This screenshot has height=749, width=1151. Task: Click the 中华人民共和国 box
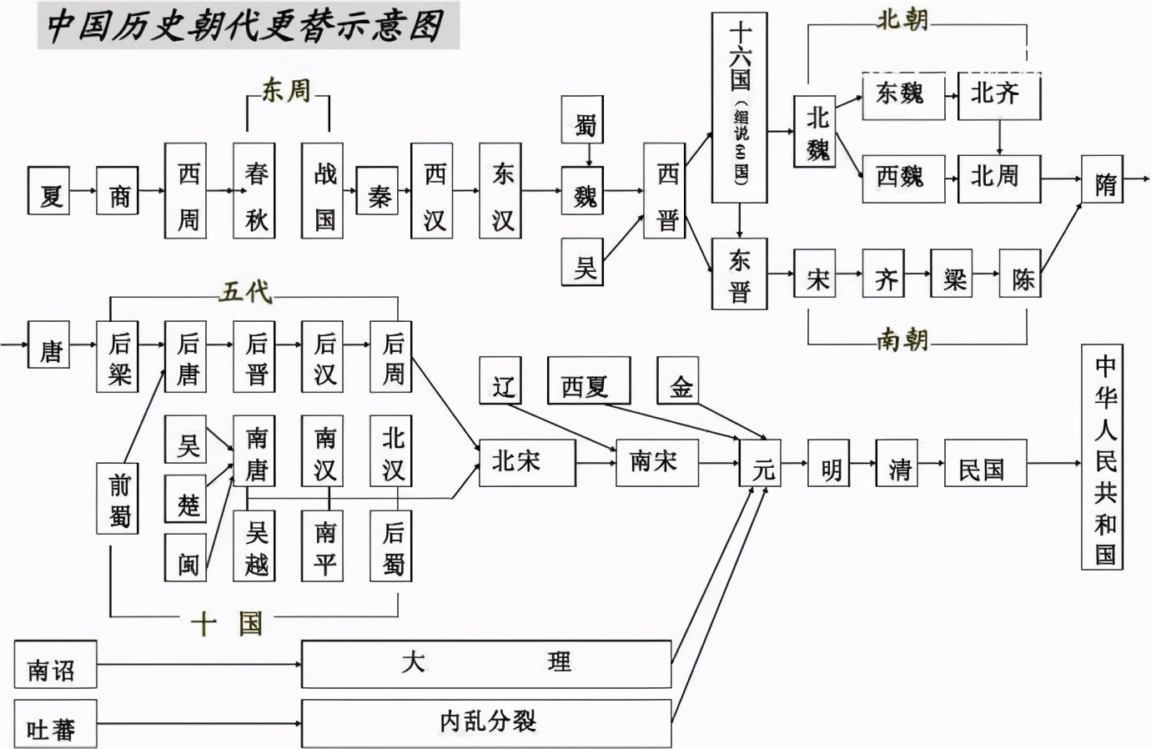(1103, 457)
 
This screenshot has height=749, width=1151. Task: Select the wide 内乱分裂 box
(485, 723)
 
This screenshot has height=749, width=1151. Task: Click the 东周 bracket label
(286, 91)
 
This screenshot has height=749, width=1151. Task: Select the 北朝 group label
(902, 20)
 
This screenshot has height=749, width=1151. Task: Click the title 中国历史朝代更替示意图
(246, 25)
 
